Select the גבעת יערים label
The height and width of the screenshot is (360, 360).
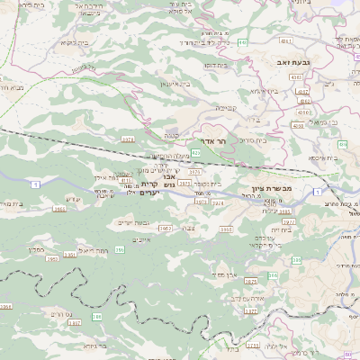click(134, 222)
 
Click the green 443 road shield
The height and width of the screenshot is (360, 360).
click(244, 43)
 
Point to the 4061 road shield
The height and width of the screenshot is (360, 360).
click(285, 40)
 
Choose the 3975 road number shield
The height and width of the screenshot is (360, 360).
click(201, 202)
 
